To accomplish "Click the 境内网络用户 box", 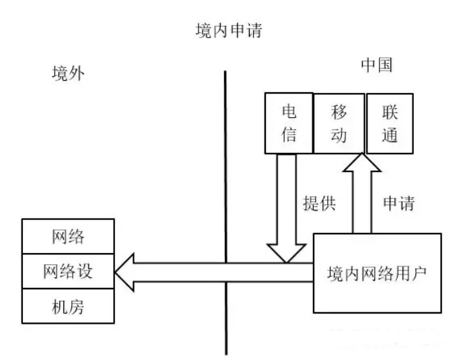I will click(x=378, y=273).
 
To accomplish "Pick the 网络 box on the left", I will click(x=67, y=237).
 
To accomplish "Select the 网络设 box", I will click(x=67, y=273).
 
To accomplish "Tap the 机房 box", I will click(x=67, y=308).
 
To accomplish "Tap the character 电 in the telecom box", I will click(x=288, y=111).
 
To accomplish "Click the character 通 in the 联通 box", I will click(x=390, y=135).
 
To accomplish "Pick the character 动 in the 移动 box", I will click(x=339, y=135).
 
